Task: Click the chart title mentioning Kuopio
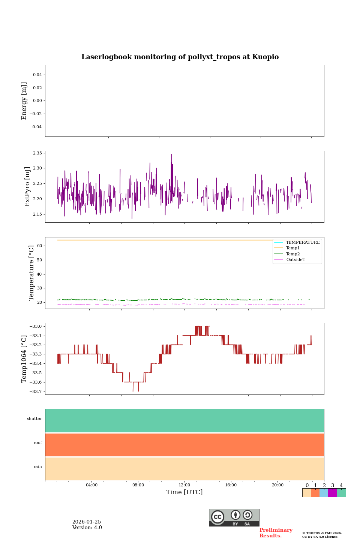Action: (180, 57)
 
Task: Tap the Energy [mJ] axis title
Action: (24, 101)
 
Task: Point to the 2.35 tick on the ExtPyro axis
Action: (37, 153)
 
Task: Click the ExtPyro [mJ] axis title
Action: (27, 187)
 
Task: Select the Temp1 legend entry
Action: (293, 248)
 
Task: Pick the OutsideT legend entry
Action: (295, 260)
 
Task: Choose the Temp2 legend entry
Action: (293, 254)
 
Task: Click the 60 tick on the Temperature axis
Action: (39, 246)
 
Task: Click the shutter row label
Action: (34, 419)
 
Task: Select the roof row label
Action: (38, 443)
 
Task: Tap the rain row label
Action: (38, 467)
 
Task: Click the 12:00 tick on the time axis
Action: (184, 485)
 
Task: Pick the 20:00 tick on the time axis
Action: (277, 485)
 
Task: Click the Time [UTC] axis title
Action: (184, 492)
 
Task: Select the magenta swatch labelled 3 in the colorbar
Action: (332, 493)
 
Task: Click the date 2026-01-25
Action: (87, 522)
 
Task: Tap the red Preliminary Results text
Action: (276, 533)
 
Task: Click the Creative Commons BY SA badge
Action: (234, 517)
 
